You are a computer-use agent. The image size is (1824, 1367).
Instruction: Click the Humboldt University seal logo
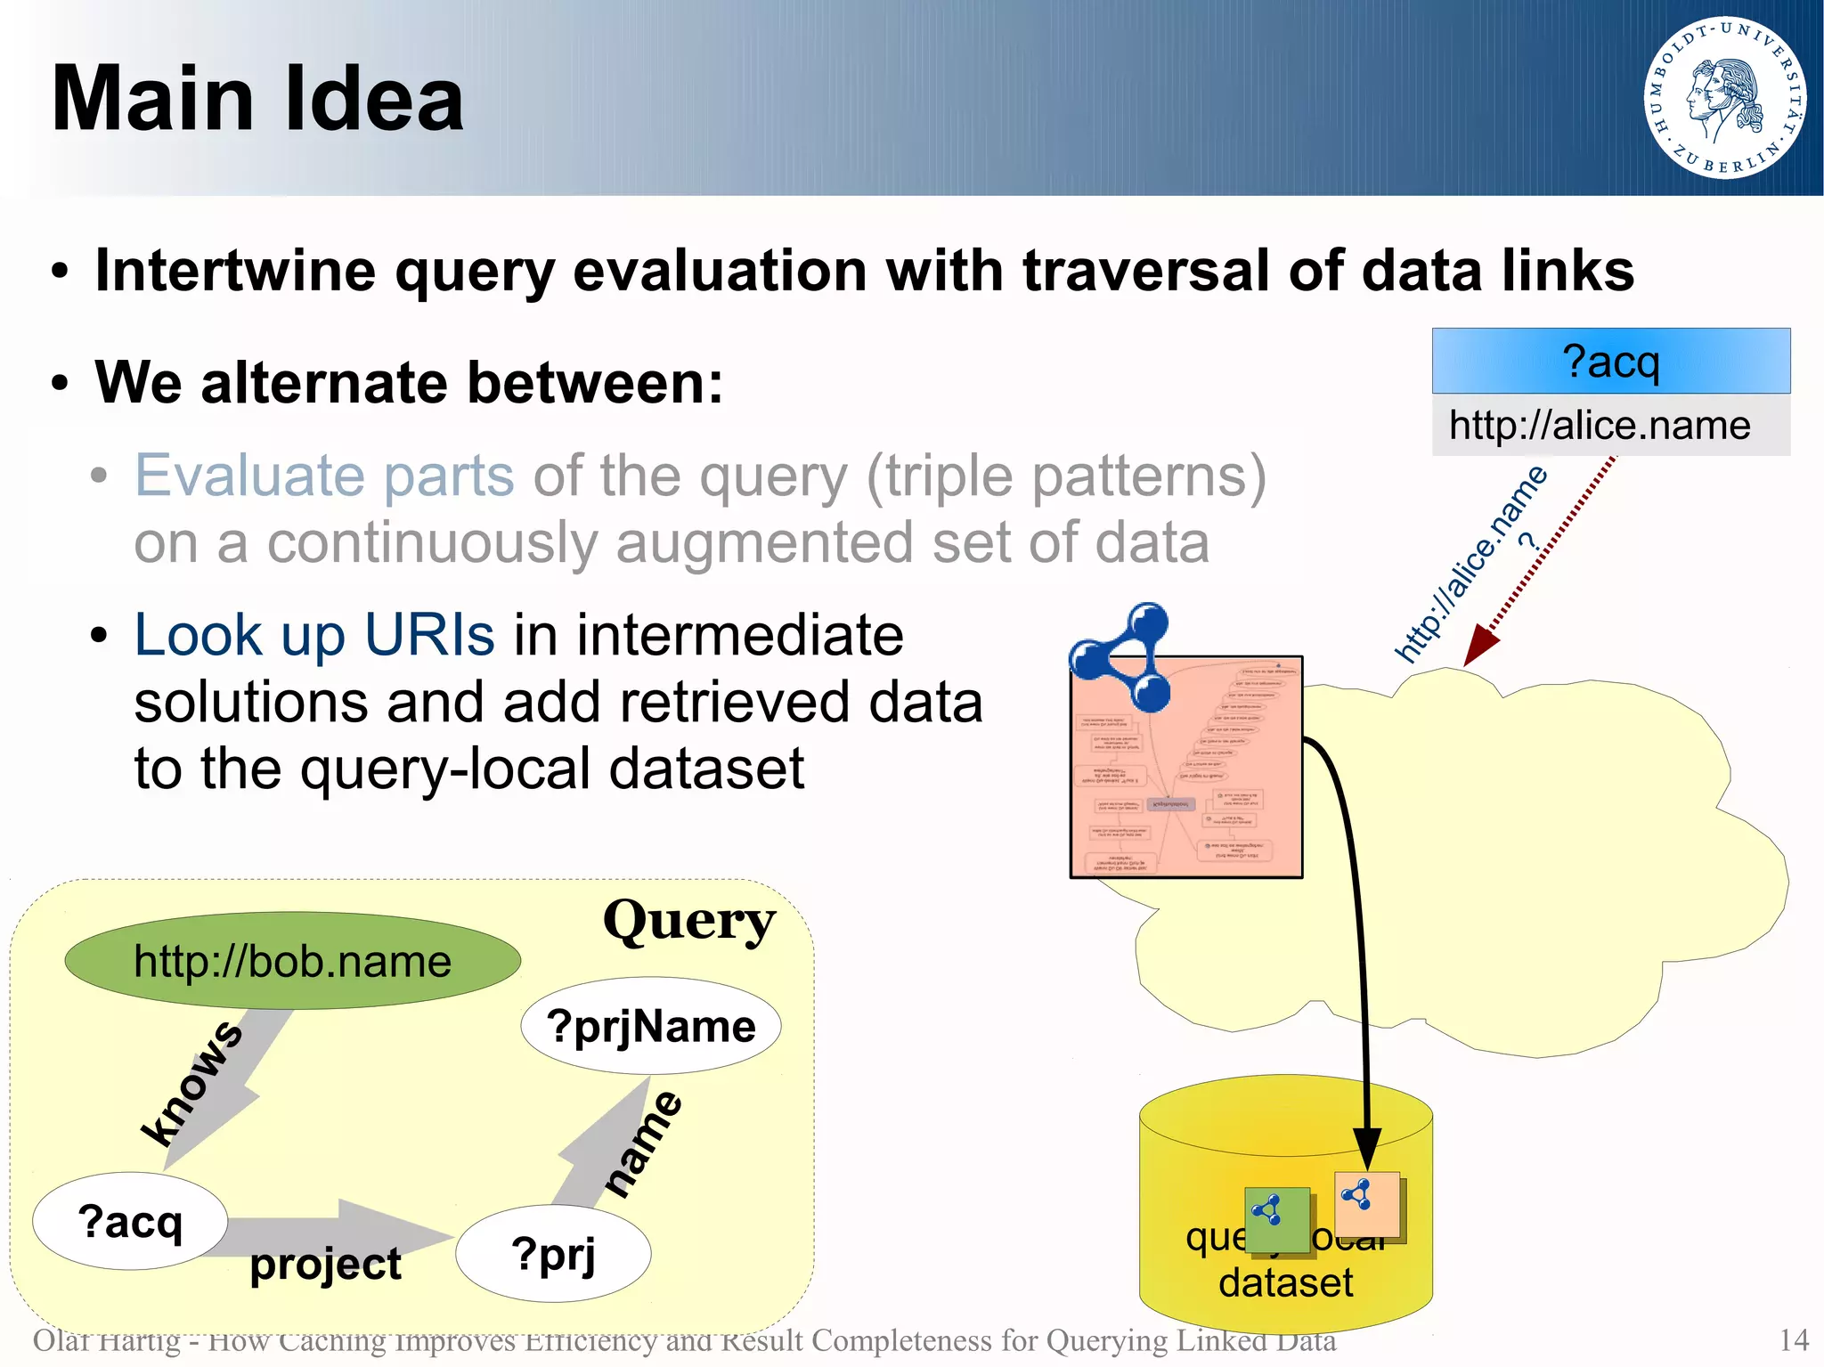[x=1724, y=97]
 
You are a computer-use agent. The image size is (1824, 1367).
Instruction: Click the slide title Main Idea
[x=257, y=99]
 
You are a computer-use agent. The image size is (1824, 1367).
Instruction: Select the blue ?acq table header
[x=1610, y=362]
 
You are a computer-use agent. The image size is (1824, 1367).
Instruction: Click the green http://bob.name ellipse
[x=292, y=961]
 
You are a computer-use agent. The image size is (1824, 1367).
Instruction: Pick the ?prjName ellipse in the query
[x=650, y=1026]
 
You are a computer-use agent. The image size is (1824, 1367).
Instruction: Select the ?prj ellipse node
[x=553, y=1254]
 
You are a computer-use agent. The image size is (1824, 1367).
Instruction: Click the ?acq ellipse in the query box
[x=130, y=1221]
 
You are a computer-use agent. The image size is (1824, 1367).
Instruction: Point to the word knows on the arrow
[x=192, y=1083]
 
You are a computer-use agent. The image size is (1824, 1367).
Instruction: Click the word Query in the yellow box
[x=688, y=921]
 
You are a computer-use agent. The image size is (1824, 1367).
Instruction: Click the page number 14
[x=1793, y=1340]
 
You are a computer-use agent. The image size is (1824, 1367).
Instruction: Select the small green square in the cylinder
[x=1277, y=1219]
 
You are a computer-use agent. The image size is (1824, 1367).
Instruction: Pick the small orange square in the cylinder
[x=1367, y=1203]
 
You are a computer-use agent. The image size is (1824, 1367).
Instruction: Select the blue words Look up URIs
[x=313, y=635]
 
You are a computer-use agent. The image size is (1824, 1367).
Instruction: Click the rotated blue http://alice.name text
[x=1470, y=566]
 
